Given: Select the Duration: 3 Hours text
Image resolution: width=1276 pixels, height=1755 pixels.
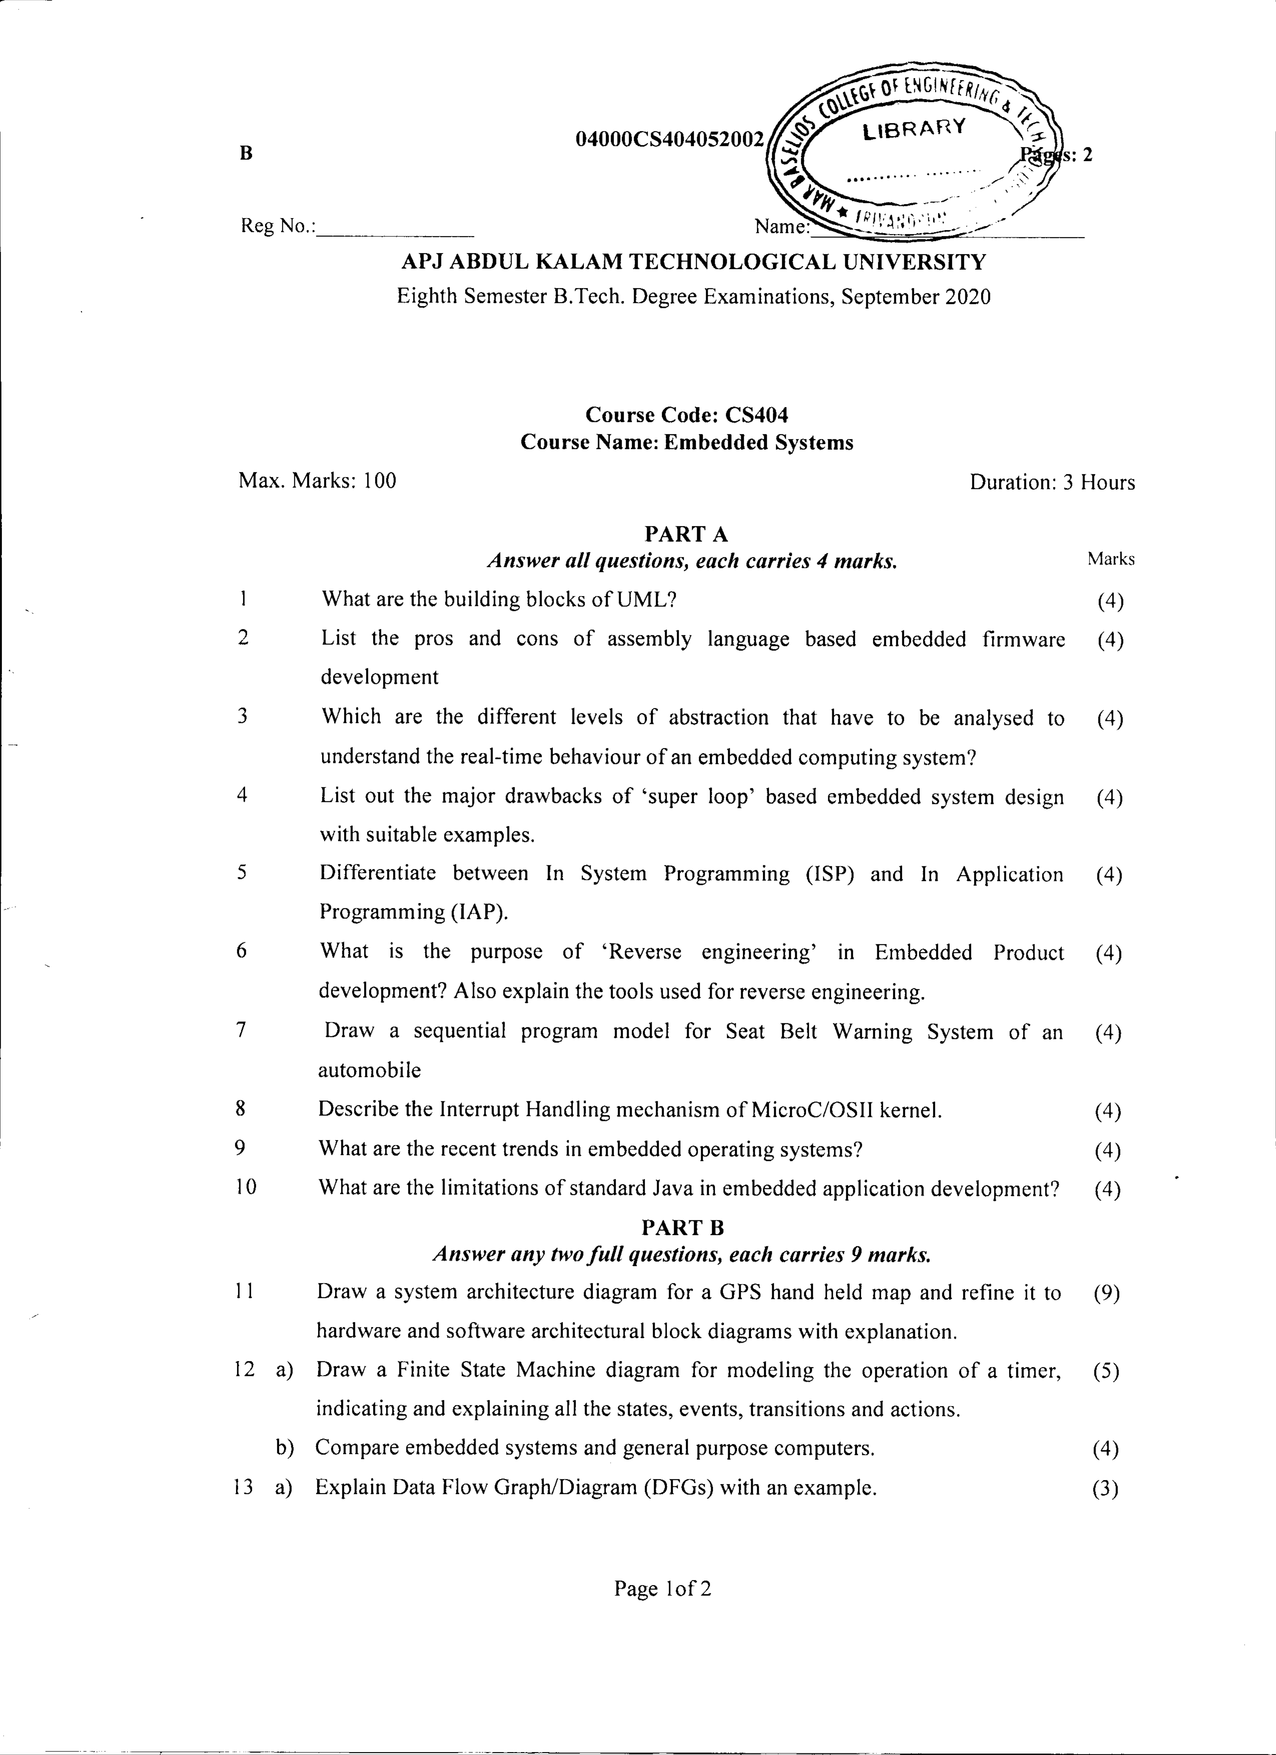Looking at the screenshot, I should pos(1051,483).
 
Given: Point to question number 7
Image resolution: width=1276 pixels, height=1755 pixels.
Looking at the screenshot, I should pos(242,1031).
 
